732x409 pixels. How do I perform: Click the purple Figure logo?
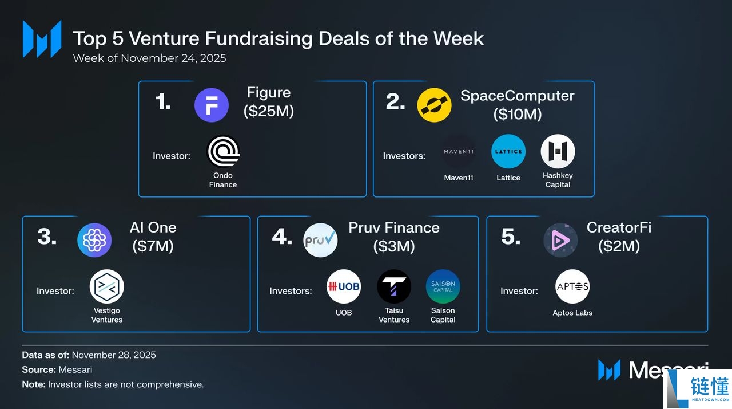(212, 105)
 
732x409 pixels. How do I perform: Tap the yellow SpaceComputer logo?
(434, 105)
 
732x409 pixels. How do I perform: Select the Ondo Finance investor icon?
(223, 151)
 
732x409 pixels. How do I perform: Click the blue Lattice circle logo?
(508, 151)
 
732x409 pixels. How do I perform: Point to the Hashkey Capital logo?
(558, 151)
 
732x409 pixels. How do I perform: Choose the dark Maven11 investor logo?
(459, 151)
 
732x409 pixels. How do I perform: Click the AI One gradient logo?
(94, 240)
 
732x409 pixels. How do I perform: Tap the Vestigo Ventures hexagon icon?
(107, 286)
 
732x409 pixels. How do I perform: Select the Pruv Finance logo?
(320, 240)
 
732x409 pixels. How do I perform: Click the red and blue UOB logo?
(344, 286)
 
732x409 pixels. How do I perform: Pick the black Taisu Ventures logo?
(394, 286)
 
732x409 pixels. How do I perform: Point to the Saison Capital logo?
(443, 286)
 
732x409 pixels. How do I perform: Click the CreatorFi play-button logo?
(560, 240)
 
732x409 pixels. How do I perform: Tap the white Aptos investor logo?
(572, 286)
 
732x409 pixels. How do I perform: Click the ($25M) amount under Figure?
(269, 111)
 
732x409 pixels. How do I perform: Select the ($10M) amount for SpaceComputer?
(518, 114)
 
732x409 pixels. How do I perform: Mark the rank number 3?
(47, 236)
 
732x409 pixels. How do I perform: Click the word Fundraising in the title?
(259, 38)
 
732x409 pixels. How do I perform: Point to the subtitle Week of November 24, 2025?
(150, 58)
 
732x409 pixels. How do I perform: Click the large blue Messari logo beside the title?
(42, 39)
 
